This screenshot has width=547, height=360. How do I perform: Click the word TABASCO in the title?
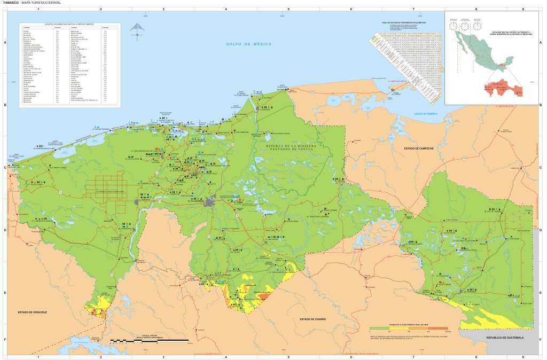point(11,3)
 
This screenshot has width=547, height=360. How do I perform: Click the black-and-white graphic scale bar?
point(149,340)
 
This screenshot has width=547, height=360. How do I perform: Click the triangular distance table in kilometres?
point(409,59)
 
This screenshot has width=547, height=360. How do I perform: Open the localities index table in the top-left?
point(69,65)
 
